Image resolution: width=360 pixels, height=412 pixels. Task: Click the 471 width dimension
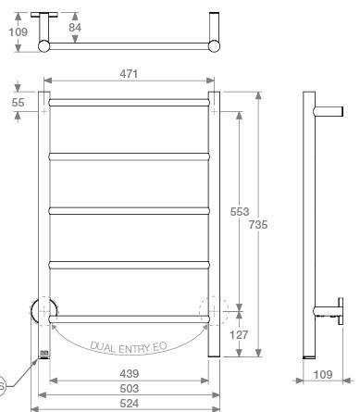coord(129,74)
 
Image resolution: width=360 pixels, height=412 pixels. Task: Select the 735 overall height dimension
coord(258,225)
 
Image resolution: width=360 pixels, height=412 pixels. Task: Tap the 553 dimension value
coord(240,212)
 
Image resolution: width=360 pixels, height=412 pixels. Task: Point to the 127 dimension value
coord(239,334)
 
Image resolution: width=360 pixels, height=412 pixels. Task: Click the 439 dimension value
coord(130,374)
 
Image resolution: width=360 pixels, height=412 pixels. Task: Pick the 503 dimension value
coord(130,389)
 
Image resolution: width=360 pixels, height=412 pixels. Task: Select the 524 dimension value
coord(130,404)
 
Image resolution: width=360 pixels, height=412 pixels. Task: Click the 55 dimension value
coord(18,103)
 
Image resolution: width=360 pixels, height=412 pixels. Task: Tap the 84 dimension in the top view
coord(75,28)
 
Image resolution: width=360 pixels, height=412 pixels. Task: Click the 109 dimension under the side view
coord(323,375)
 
